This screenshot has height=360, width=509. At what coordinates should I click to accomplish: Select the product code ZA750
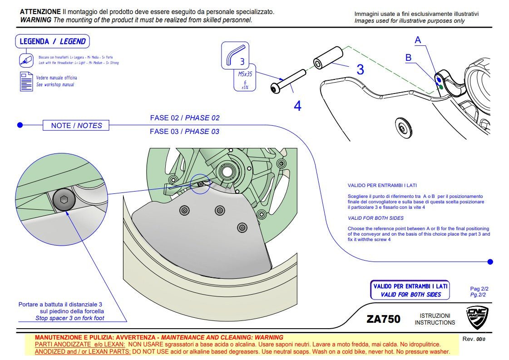pos(383,319)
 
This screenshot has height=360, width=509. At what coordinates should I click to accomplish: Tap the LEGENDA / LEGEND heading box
pos(52,41)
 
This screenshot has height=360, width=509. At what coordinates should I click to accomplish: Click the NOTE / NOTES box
pos(76,125)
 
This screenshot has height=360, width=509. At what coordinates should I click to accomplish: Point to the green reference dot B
pos(441,85)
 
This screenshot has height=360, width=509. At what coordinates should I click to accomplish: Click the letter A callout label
pos(418,40)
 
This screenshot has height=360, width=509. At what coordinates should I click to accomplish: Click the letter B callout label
pos(408,58)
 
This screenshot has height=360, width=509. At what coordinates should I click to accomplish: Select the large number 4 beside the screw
pos(297,106)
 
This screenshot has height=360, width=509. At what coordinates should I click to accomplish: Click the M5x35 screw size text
pos(245,73)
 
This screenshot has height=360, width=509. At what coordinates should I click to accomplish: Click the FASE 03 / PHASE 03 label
pos(184,132)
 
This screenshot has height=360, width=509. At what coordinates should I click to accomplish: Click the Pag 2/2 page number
pos(479,289)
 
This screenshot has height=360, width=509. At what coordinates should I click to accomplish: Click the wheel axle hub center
pos(226,172)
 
